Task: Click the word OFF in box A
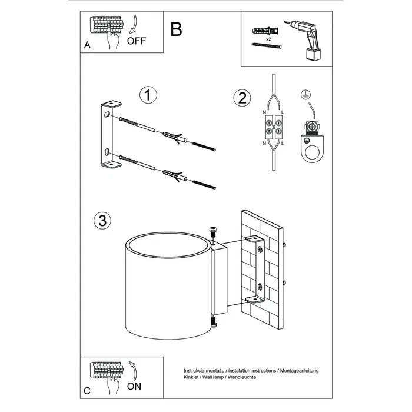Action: (136, 41)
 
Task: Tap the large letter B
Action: (175, 29)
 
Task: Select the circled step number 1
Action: (148, 95)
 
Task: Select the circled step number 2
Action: (240, 98)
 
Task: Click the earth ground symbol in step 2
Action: (305, 94)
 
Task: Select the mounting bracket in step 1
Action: (109, 137)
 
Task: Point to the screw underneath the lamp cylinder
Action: (213, 322)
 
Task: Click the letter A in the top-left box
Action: (88, 44)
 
